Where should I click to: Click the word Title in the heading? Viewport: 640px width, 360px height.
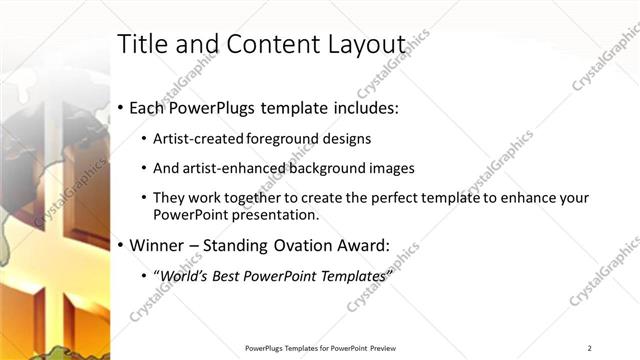pos(143,44)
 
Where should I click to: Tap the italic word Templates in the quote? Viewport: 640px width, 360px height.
pos(350,275)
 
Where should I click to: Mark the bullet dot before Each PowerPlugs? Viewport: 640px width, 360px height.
pos(121,106)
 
